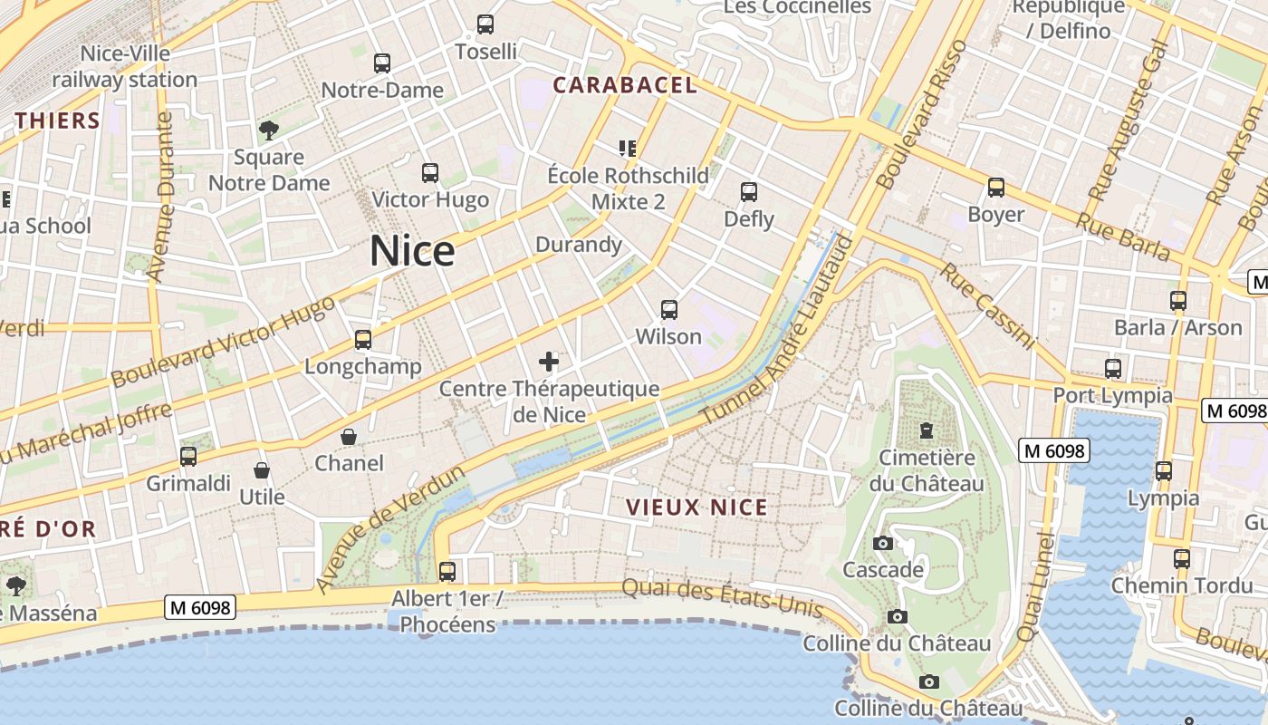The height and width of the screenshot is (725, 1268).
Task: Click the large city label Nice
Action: coord(412,251)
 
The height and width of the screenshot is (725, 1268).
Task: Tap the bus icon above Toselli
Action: coord(485,24)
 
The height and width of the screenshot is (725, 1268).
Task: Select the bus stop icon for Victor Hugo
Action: coord(430,172)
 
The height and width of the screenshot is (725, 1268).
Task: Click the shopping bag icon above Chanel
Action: coord(349,437)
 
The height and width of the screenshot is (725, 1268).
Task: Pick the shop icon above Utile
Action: coord(262,470)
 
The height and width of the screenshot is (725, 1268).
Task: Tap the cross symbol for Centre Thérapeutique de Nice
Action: coord(549,362)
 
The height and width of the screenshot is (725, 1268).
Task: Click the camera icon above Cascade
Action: coord(883,543)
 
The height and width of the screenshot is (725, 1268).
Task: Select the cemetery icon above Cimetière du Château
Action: coord(927,430)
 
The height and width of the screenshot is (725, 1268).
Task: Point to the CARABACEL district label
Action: coord(625,85)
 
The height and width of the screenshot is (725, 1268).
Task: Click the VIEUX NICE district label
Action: coord(697,507)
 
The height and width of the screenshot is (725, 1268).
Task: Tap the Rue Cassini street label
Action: coord(987,306)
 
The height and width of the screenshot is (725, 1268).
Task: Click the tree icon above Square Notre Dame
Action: coord(268,130)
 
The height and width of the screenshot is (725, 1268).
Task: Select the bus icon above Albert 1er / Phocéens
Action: coord(447,572)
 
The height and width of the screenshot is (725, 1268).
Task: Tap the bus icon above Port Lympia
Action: coord(1113,369)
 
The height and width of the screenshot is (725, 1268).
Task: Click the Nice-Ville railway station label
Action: coord(124,66)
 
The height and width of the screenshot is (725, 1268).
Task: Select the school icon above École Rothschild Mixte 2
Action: coord(627,148)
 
